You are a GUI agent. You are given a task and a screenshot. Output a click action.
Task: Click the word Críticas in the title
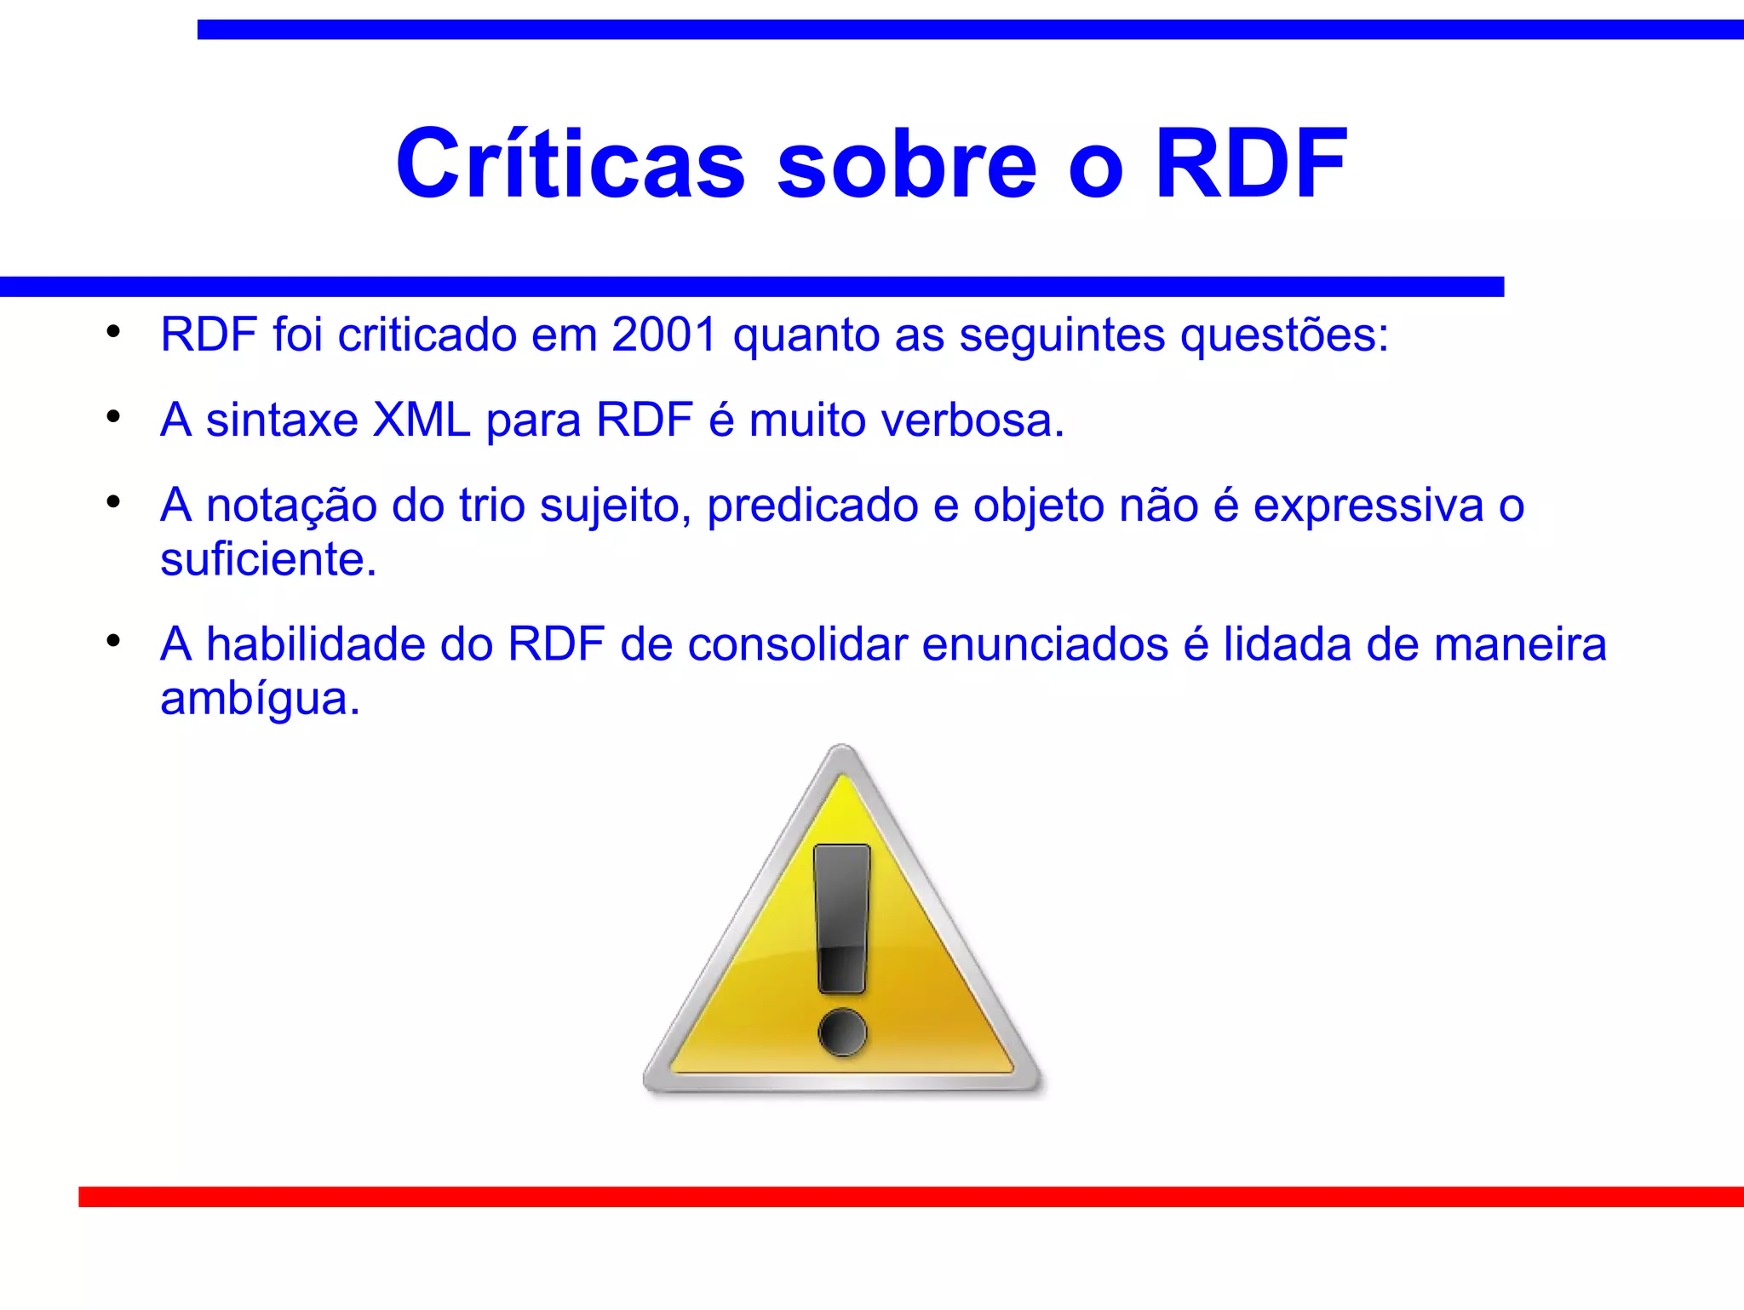(571, 163)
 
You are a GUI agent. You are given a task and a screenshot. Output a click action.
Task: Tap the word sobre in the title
(908, 163)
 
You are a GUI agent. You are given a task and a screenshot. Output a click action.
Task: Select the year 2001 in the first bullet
(664, 335)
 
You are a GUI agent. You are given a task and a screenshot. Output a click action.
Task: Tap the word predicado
(812, 506)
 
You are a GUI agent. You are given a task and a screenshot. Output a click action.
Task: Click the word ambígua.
(260, 700)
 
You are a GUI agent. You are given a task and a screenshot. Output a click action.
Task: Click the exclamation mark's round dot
(842, 1033)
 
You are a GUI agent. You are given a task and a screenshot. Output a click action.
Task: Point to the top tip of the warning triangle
(842, 752)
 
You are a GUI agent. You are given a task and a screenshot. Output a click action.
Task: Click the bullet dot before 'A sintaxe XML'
(113, 417)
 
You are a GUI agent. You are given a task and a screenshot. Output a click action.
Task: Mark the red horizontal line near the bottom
(911, 1197)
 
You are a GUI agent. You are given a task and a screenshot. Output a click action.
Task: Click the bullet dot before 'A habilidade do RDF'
(113, 640)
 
